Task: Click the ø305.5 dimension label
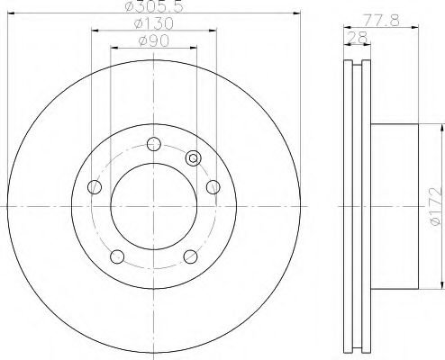pos(154,6)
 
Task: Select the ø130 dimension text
pos(154,23)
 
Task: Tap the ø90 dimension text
pos(154,40)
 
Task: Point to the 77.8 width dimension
pos(382,21)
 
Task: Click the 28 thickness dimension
pos(358,38)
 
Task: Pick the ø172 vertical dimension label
pos(436,207)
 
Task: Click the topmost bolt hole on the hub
pos(154,144)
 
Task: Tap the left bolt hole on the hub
pos(95,187)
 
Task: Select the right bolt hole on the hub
pos(213,187)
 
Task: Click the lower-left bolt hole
pos(117,256)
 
